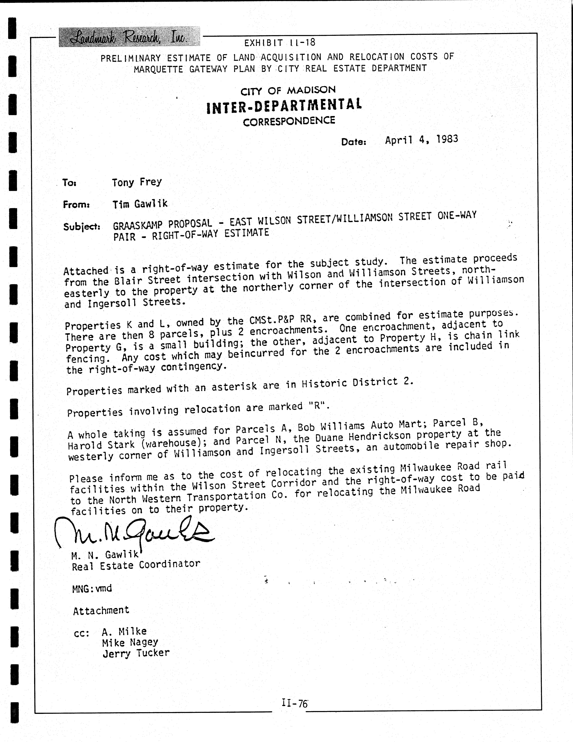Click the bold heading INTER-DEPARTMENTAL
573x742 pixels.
[x=284, y=105]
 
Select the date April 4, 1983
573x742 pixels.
[x=421, y=140]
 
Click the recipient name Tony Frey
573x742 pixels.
[x=137, y=182]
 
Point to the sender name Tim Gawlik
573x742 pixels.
[x=140, y=204]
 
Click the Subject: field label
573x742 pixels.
[x=82, y=227]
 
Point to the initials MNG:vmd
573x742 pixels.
[x=92, y=588]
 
